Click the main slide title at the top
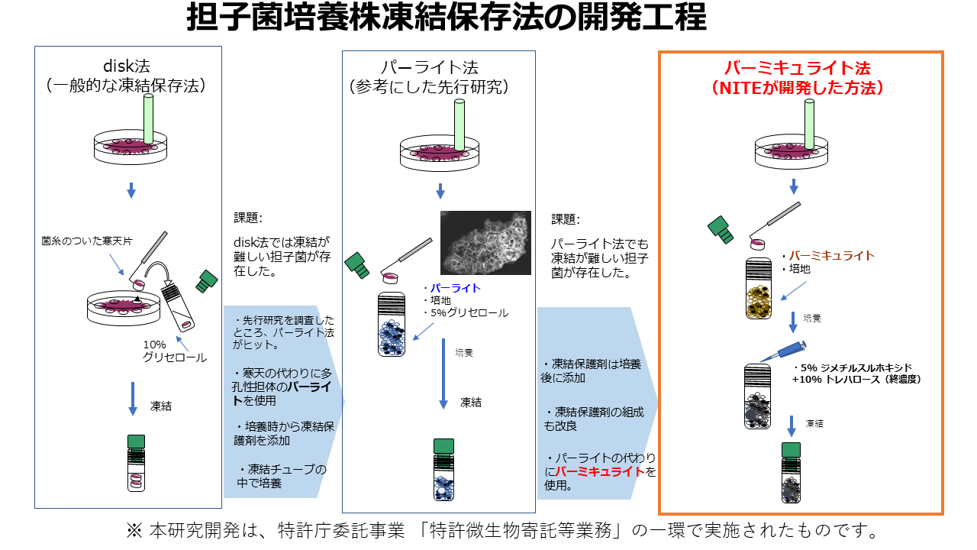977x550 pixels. pyautogui.click(x=447, y=18)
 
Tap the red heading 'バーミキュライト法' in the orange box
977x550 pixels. pyautogui.click(x=799, y=68)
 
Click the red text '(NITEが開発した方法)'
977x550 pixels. pyautogui.click(x=799, y=88)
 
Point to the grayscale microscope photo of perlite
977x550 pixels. pyautogui.click(x=485, y=242)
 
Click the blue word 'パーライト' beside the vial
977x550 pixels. pyautogui.click(x=454, y=288)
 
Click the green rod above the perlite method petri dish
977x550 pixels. pyautogui.click(x=459, y=123)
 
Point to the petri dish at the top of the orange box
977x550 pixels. pyautogui.click(x=794, y=149)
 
